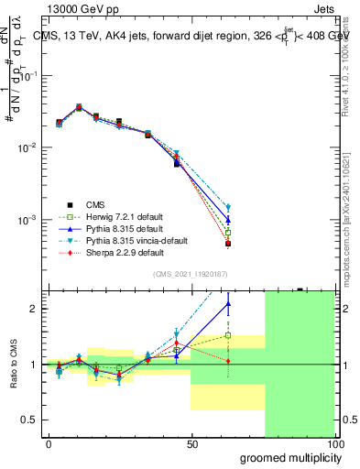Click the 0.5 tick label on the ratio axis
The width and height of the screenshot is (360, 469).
[x=31, y=420]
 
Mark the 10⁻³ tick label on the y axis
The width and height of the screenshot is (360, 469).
[x=28, y=220]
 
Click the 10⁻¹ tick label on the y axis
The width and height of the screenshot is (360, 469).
[x=28, y=76]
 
